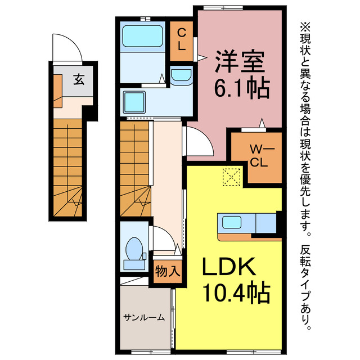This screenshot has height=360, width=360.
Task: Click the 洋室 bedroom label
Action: click(240, 61)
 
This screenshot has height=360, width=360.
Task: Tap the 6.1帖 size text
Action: click(242, 88)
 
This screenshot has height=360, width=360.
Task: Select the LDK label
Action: click(229, 267)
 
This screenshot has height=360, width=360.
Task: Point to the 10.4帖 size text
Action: click(236, 292)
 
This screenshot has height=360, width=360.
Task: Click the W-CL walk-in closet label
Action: click(259, 156)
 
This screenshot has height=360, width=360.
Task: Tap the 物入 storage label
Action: click(168, 271)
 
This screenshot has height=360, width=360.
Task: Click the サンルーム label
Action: click(144, 317)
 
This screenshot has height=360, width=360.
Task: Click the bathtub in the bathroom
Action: click(142, 36)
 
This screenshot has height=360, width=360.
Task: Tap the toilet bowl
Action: click(134, 249)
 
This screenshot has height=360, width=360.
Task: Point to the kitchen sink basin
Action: click(232, 222)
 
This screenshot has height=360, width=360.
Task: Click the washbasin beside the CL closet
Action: click(181, 75)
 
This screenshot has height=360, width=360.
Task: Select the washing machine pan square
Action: click(134, 102)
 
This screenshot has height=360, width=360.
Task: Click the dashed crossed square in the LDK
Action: click(232, 177)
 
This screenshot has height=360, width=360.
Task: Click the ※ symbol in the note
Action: click(305, 28)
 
